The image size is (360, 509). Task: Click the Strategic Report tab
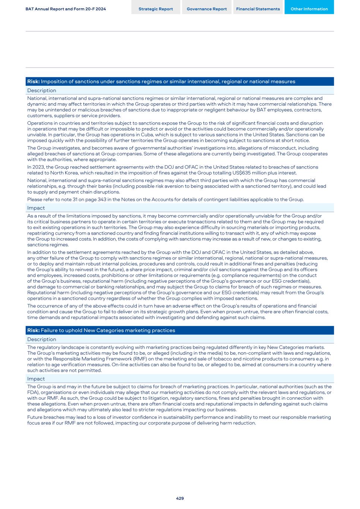coord(155,9)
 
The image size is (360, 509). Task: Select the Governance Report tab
coord(206,9)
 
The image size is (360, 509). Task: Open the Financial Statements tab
coord(258,9)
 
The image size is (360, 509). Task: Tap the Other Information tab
coord(309,9)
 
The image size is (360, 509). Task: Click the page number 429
coord(180,498)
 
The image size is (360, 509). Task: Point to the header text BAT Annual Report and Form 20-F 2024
coord(66,9)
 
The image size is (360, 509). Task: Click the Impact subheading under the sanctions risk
coord(36,208)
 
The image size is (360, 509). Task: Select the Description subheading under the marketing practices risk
coord(41,339)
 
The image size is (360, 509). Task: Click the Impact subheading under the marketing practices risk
coord(36,379)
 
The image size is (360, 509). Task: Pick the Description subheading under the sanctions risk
coord(41,91)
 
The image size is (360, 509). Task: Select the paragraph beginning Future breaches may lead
coord(179,420)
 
